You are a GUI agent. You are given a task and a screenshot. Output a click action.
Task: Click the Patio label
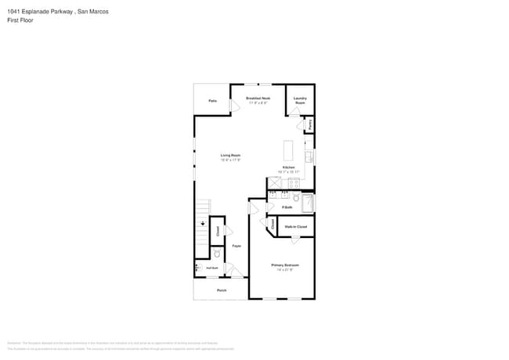(212, 101)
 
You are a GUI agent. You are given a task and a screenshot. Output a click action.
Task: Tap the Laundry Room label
(300, 100)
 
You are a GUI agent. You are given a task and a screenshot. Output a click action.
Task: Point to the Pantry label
(310, 124)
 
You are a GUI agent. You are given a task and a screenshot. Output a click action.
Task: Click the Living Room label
(230, 157)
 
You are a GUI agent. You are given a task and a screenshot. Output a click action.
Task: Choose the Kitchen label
(289, 168)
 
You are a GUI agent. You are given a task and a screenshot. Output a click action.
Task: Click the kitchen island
(288, 151)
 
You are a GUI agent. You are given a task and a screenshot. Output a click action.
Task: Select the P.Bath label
(287, 207)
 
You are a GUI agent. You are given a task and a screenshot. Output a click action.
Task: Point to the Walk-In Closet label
(296, 227)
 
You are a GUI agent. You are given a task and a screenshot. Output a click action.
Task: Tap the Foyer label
(236, 246)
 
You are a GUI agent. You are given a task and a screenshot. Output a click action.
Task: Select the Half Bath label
(212, 268)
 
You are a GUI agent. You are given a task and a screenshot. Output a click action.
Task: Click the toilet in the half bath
(217, 254)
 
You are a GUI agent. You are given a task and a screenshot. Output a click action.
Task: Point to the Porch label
(222, 290)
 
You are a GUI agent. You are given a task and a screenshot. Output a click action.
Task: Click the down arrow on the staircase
(202, 224)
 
